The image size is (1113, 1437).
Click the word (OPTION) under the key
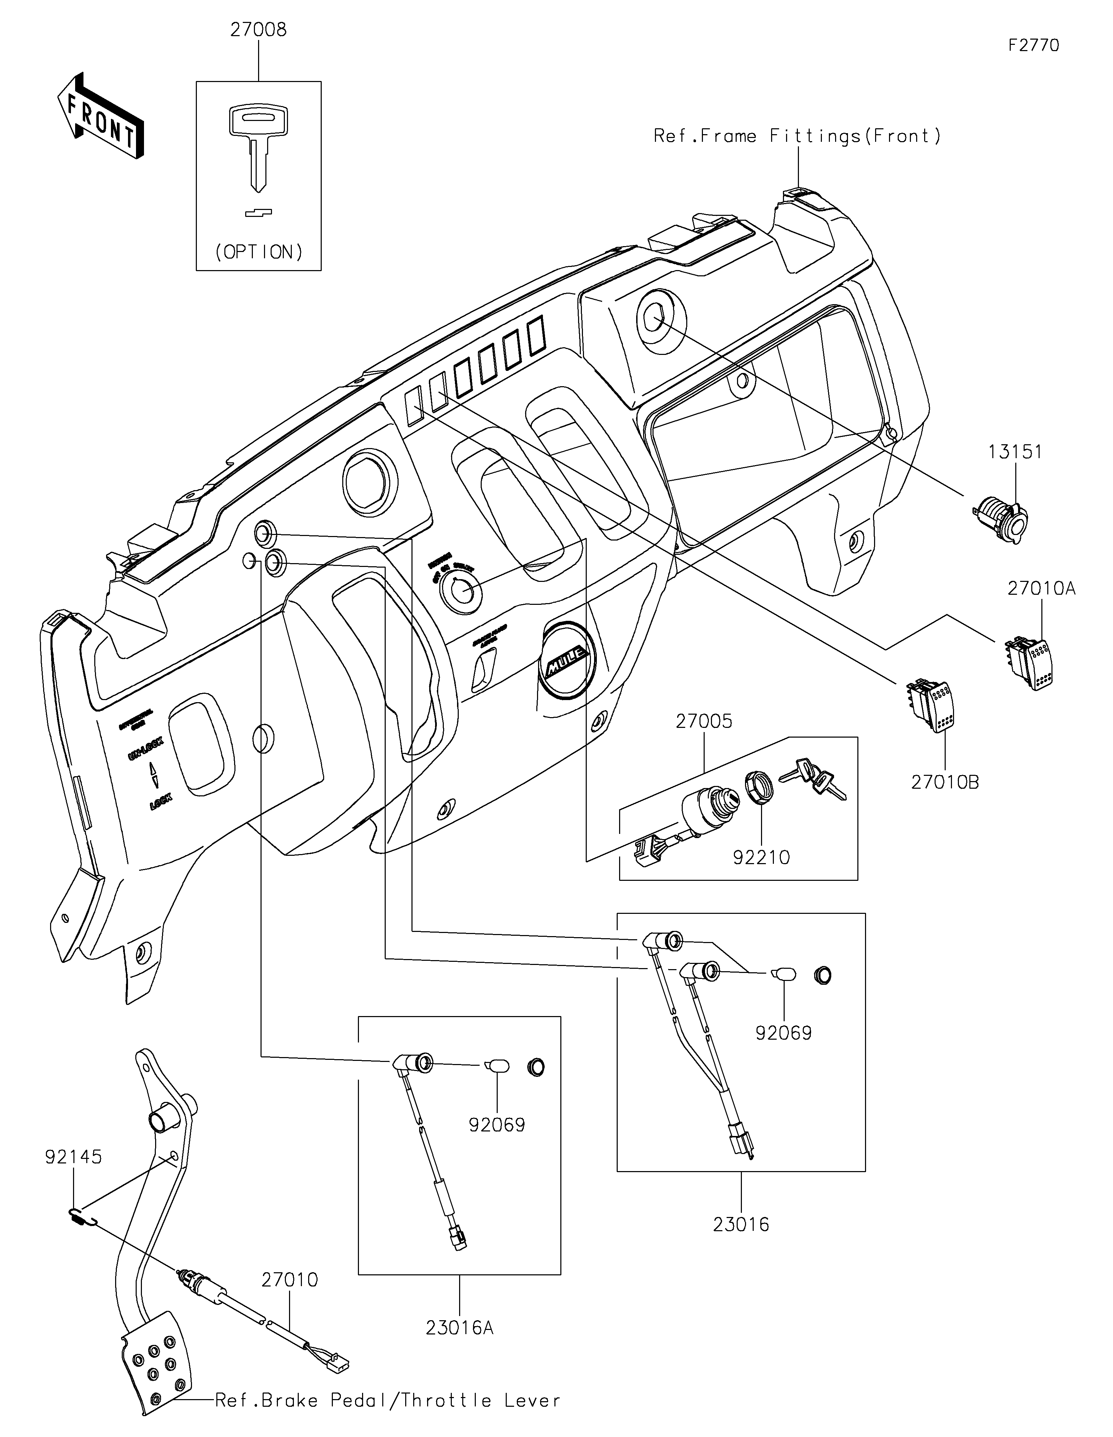[x=259, y=252]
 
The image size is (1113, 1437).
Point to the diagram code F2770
[x=1033, y=46]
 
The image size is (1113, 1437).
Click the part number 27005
[x=704, y=721]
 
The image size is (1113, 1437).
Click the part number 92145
[x=74, y=1157]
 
